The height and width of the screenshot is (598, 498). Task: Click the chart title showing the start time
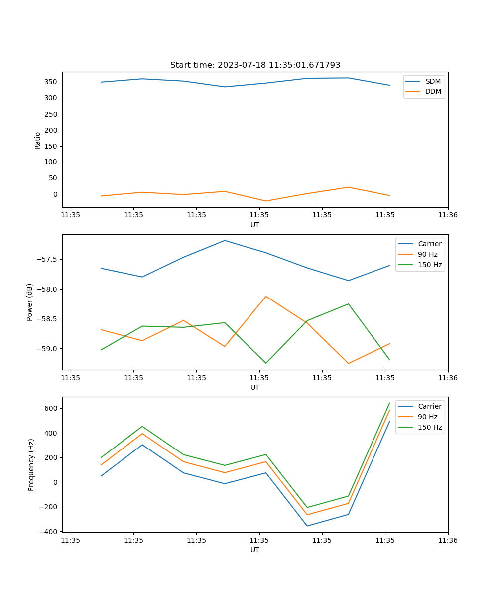[255, 65]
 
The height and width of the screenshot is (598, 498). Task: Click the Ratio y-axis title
[38, 140]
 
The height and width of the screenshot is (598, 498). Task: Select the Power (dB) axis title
[30, 302]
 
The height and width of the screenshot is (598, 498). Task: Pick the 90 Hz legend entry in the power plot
[427, 254]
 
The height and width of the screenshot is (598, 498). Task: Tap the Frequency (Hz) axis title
[31, 464]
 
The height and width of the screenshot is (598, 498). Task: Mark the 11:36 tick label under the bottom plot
[448, 540]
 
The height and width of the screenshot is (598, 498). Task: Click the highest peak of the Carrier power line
[225, 240]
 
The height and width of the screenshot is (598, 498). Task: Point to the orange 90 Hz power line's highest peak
[266, 297]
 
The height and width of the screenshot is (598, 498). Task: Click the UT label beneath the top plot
[255, 225]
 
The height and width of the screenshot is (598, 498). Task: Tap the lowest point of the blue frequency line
[307, 526]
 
